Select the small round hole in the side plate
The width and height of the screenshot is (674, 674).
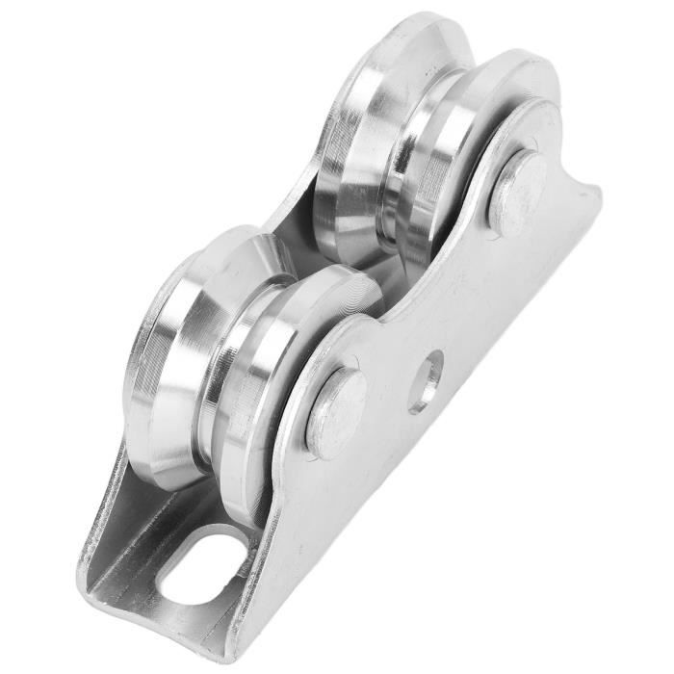425,380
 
